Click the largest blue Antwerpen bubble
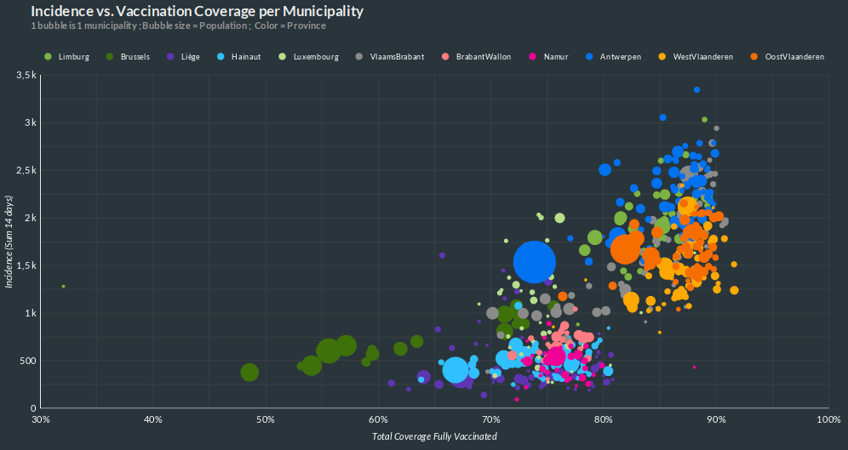534,262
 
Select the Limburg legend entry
69,57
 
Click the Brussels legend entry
129,57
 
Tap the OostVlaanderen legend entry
788,57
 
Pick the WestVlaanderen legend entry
696,57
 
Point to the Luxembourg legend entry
309,57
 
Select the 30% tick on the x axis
40,419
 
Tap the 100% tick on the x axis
828,419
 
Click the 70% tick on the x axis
490,419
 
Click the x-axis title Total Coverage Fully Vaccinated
434,436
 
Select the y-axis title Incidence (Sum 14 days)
9,242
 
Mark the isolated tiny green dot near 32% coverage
63,287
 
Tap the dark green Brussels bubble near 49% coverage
249,373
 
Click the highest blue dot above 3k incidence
696,89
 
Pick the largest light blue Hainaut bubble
456,370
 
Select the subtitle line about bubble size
179,26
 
